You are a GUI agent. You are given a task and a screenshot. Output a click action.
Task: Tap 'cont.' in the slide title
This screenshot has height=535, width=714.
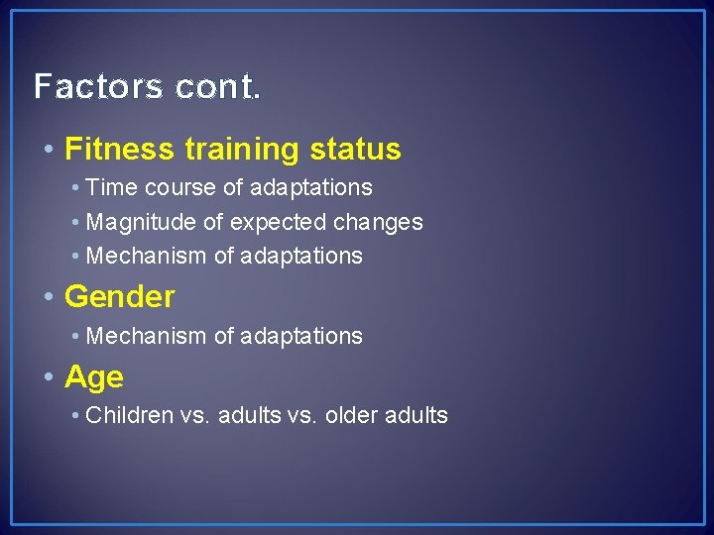219,87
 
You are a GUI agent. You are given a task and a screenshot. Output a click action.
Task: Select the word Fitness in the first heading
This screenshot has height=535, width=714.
120,150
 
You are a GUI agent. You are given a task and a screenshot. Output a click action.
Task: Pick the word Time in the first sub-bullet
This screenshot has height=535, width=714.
109,187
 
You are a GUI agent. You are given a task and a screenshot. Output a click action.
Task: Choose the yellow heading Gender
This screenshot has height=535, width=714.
120,296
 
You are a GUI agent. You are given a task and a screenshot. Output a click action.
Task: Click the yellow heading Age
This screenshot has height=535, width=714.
94,377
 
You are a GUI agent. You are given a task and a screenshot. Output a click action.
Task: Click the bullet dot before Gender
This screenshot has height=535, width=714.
50,296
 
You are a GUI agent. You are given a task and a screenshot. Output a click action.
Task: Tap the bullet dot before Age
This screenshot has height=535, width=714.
50,377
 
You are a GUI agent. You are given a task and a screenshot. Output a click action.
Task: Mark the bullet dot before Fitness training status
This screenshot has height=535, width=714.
50,150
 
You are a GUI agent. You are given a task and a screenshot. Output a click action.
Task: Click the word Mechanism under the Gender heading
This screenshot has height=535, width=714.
147,336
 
